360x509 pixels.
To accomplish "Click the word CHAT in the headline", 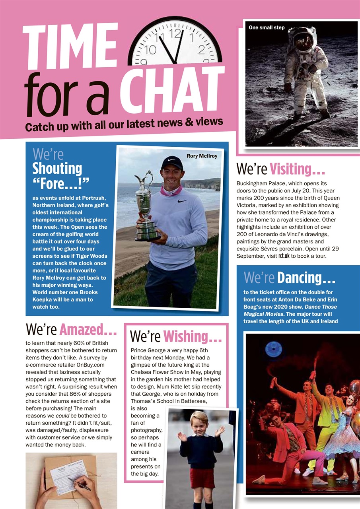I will coord(172,89).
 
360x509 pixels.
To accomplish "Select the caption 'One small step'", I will coord(267,28).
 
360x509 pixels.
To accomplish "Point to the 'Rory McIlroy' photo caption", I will coord(202,156).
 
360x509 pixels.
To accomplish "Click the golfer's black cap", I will coord(172,162).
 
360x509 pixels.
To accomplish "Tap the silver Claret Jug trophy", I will coord(146,207).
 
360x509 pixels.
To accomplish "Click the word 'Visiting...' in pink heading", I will coord(297,169).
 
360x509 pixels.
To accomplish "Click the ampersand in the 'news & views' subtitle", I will coord(189,123).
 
